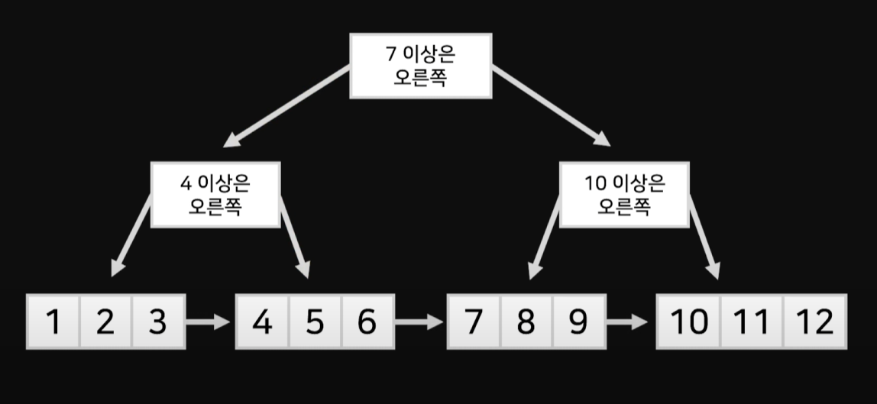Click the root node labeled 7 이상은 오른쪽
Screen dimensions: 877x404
420,66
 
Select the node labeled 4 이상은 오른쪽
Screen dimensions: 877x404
215,195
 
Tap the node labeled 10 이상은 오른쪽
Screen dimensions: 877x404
623,195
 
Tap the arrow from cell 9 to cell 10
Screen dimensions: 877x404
630,322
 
